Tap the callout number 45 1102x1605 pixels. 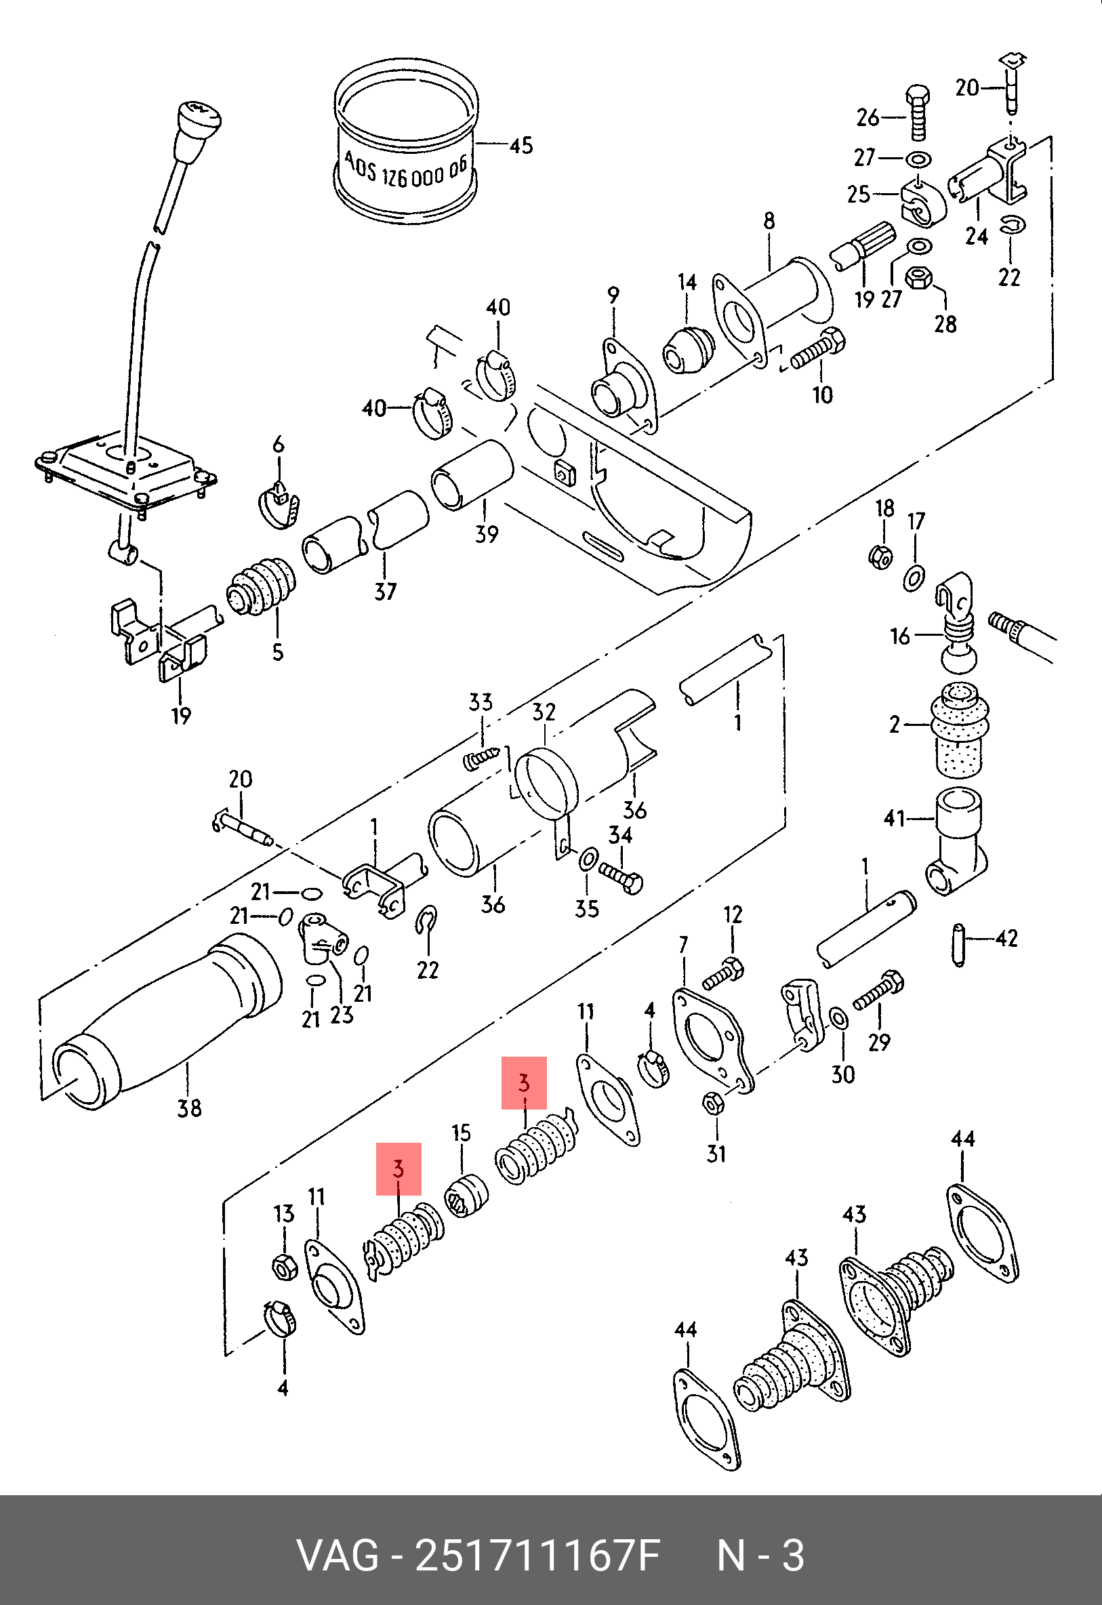point(521,146)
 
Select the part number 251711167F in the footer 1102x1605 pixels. point(537,1557)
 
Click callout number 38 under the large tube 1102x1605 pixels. point(189,1108)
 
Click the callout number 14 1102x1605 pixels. point(687,282)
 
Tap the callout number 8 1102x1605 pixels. point(769,221)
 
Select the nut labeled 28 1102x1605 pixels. point(919,279)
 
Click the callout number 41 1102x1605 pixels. point(895,819)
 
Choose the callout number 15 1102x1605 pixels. point(462,1133)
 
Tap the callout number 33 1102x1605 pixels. point(481,702)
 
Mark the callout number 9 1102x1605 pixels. point(614,296)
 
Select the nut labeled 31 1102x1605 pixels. point(712,1104)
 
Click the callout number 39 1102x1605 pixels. point(487,534)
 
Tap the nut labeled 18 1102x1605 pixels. point(880,554)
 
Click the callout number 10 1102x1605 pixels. point(822,394)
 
